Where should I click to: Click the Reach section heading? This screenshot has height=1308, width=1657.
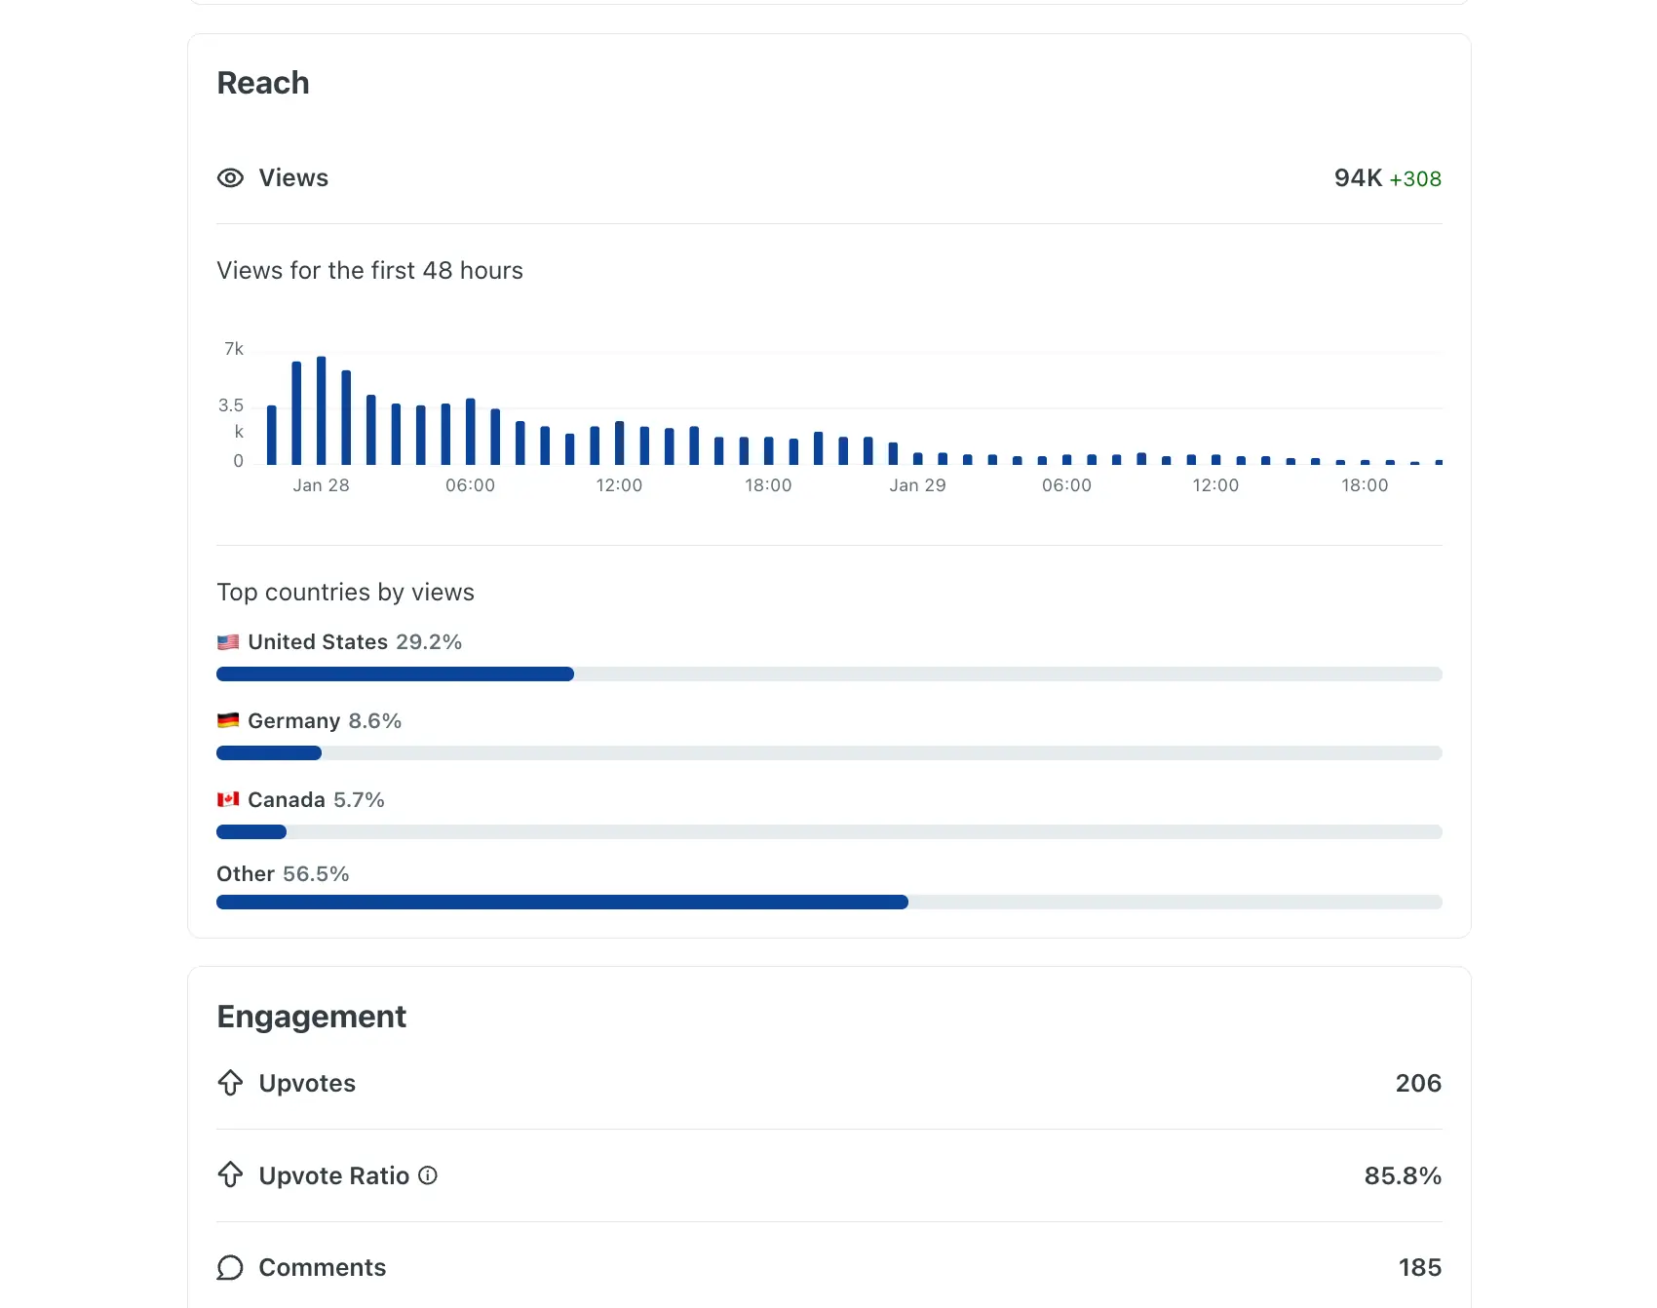(262, 83)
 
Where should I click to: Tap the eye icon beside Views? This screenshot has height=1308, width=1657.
(230, 178)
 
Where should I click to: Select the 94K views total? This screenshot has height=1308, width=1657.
(1357, 178)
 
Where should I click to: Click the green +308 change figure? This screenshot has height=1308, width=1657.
(1414, 179)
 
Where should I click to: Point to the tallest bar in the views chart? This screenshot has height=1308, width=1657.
(321, 409)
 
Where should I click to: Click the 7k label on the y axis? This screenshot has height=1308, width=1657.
(234, 349)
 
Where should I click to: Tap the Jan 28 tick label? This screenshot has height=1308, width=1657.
(321, 485)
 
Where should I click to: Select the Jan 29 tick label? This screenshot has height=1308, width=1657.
(917, 485)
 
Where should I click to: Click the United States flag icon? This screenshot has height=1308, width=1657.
(228, 642)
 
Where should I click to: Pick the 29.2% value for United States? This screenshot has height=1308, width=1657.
(429, 642)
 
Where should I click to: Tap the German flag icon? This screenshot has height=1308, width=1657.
(228, 721)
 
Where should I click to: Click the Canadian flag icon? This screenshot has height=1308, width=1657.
(228, 800)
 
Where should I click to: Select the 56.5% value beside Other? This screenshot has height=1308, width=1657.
(316, 874)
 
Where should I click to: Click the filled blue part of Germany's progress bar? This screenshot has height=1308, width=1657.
(269, 753)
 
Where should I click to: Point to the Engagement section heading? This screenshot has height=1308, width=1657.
(311, 1017)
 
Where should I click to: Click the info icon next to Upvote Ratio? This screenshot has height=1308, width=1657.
(428, 1175)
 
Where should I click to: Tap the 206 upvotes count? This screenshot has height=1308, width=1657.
(1417, 1084)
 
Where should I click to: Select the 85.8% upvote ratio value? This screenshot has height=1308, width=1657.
(1402, 1176)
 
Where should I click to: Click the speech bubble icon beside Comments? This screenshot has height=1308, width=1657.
(230, 1268)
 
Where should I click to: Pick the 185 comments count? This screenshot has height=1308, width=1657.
(1419, 1268)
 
